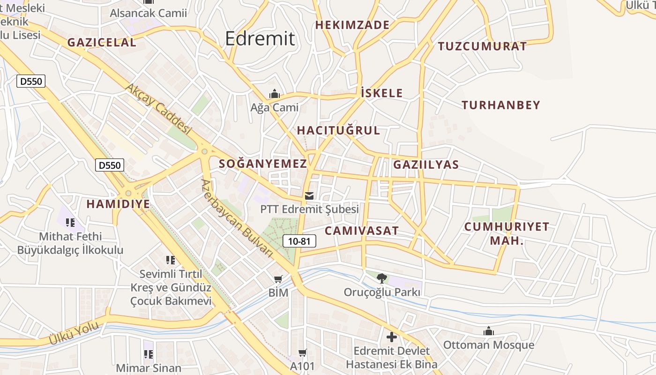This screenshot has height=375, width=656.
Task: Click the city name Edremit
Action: [260, 38]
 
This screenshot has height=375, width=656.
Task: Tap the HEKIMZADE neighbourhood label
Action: [352, 25]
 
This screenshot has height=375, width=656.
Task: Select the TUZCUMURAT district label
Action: [482, 46]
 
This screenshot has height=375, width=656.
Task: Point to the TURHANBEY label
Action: [501, 105]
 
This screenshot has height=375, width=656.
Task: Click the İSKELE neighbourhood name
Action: [382, 93]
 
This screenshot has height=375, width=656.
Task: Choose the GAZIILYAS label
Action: [426, 165]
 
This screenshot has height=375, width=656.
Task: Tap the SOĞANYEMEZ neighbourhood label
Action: [263, 164]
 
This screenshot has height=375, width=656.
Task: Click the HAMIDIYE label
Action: [118, 204]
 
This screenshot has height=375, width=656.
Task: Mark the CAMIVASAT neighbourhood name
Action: [361, 231]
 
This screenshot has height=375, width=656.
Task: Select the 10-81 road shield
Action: [299, 241]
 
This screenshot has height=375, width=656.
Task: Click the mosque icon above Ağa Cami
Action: [275, 94]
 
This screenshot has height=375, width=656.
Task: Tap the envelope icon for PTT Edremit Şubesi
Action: [309, 196]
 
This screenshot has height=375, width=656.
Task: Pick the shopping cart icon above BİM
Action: [278, 279]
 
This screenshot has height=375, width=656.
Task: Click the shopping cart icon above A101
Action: [303, 352]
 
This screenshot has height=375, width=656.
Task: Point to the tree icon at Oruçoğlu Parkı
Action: [382, 278]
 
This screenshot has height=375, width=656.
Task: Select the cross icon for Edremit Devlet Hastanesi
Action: [391, 337]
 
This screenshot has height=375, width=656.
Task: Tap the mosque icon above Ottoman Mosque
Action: [489, 331]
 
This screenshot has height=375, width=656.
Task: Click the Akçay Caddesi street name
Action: [159, 109]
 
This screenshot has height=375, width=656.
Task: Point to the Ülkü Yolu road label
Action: [74, 333]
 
